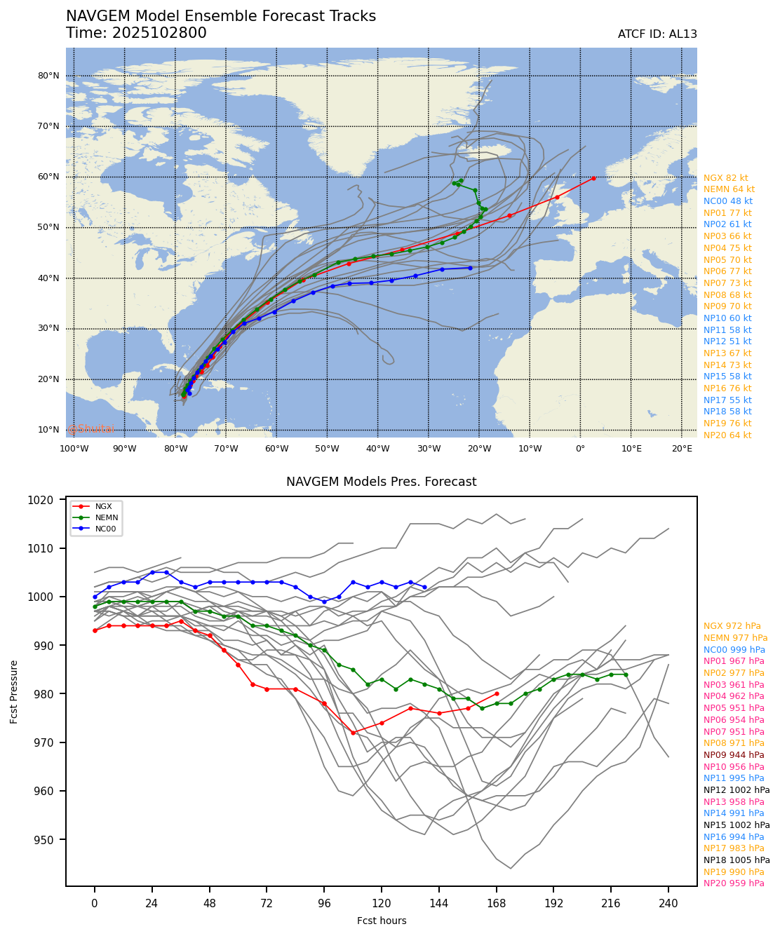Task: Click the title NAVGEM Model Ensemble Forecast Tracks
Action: click(221, 16)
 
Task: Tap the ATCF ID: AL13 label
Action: click(657, 34)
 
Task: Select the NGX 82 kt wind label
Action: click(726, 178)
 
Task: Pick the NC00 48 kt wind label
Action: click(727, 201)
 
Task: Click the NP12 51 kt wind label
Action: click(727, 341)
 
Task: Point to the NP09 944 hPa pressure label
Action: click(734, 755)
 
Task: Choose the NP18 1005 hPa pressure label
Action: click(737, 860)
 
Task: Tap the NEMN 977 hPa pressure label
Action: click(736, 638)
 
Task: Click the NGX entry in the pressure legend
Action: click(102, 506)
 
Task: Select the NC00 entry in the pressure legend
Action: click(105, 529)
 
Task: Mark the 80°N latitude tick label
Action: click(48, 76)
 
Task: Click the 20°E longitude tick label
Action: click(682, 449)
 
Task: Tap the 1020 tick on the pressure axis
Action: click(60, 501)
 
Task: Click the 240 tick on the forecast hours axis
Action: click(668, 904)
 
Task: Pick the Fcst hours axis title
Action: click(382, 921)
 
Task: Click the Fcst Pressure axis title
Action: click(14, 691)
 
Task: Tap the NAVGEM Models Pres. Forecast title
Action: click(381, 482)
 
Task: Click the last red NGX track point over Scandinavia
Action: click(593, 178)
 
